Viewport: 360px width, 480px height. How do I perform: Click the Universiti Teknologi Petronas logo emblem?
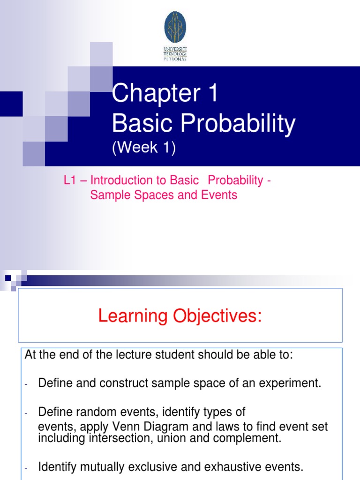coord(175,27)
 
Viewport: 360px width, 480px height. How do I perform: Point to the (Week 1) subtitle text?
coord(143,149)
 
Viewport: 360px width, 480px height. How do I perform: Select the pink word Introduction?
coord(121,180)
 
